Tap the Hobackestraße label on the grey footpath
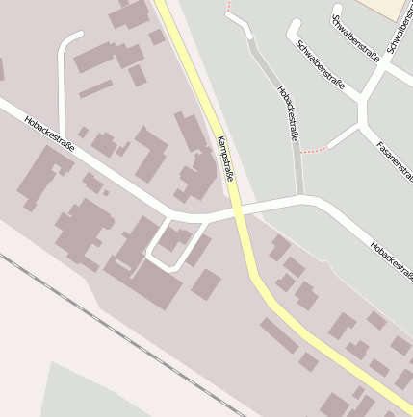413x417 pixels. pos(288,112)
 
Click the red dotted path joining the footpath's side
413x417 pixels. pos(313,151)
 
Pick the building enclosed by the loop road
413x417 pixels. pos(173,239)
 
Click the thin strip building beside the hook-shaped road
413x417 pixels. pos(95,89)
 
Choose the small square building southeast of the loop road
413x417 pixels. pos(206,284)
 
